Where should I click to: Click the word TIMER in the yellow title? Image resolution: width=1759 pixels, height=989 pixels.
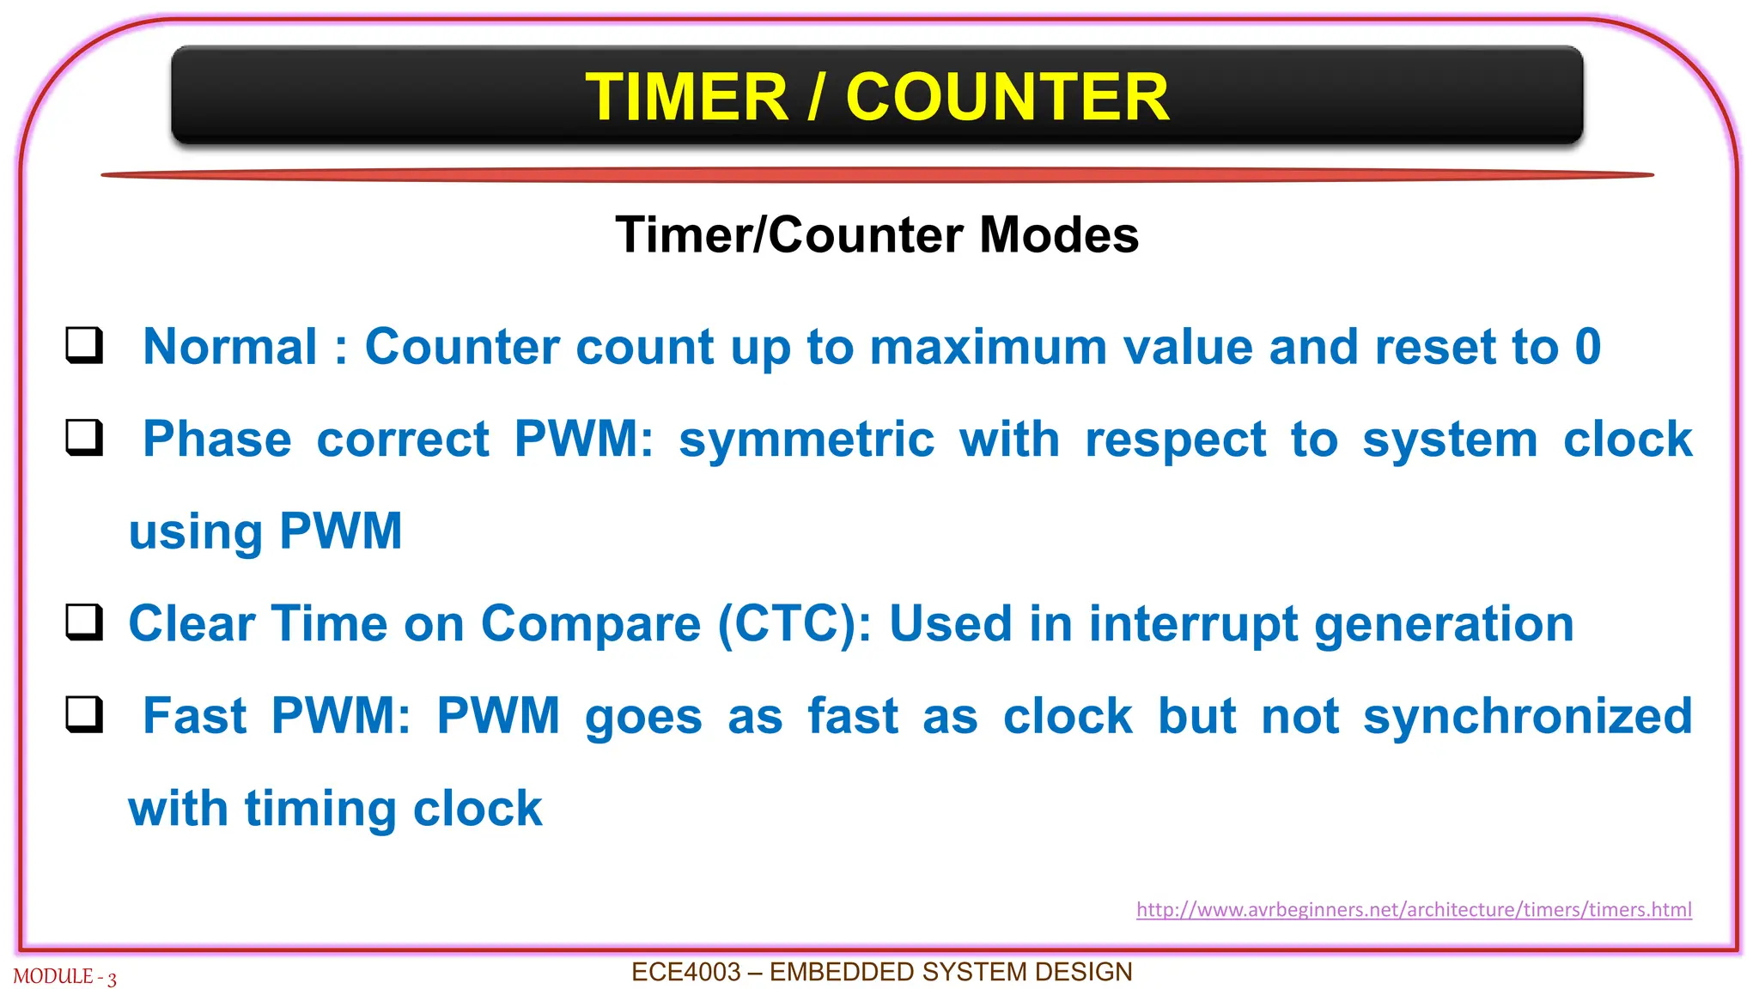pos(686,97)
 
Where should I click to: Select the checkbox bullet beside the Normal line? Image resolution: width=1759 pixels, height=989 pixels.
pos(85,345)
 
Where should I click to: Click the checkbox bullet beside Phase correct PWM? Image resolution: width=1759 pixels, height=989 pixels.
pos(85,438)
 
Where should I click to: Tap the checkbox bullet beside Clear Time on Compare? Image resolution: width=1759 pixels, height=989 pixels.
pos(85,622)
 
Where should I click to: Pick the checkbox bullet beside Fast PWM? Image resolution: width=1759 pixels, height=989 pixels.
pos(85,714)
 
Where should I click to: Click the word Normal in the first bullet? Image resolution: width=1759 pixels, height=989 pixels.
pos(230,347)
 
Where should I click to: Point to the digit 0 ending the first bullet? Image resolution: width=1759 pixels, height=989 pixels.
pos(1587,347)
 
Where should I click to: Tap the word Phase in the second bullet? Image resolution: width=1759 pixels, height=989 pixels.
pos(216,440)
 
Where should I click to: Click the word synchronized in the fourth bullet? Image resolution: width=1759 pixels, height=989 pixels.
pos(1527,716)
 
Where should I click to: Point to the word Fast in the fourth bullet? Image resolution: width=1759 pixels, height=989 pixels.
pos(194,716)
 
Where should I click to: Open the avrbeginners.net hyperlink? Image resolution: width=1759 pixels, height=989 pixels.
pos(1413,909)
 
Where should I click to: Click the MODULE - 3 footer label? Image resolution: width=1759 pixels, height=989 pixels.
pos(64,977)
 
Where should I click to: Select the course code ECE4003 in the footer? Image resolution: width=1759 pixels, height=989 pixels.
pos(685,972)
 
